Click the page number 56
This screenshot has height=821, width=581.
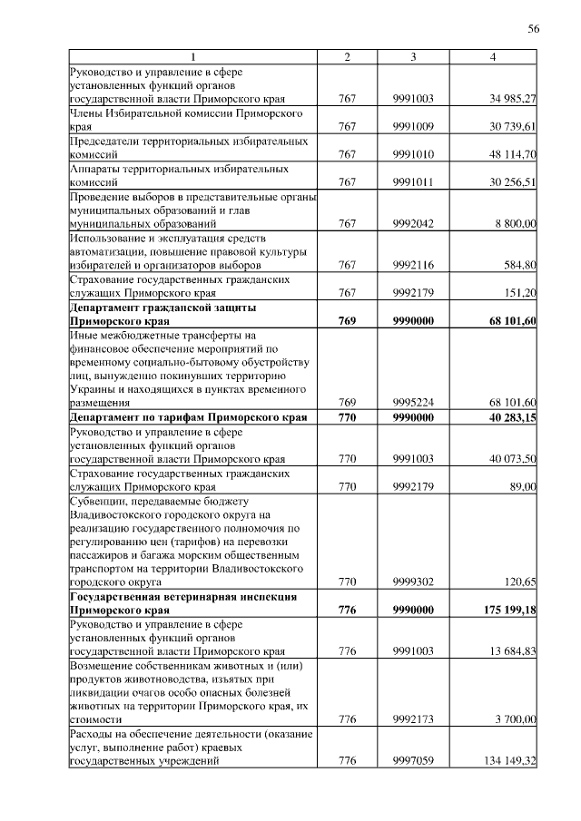534,29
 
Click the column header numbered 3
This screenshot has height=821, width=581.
413,57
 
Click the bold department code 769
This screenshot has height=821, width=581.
347,321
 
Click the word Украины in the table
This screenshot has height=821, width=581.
91,389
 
